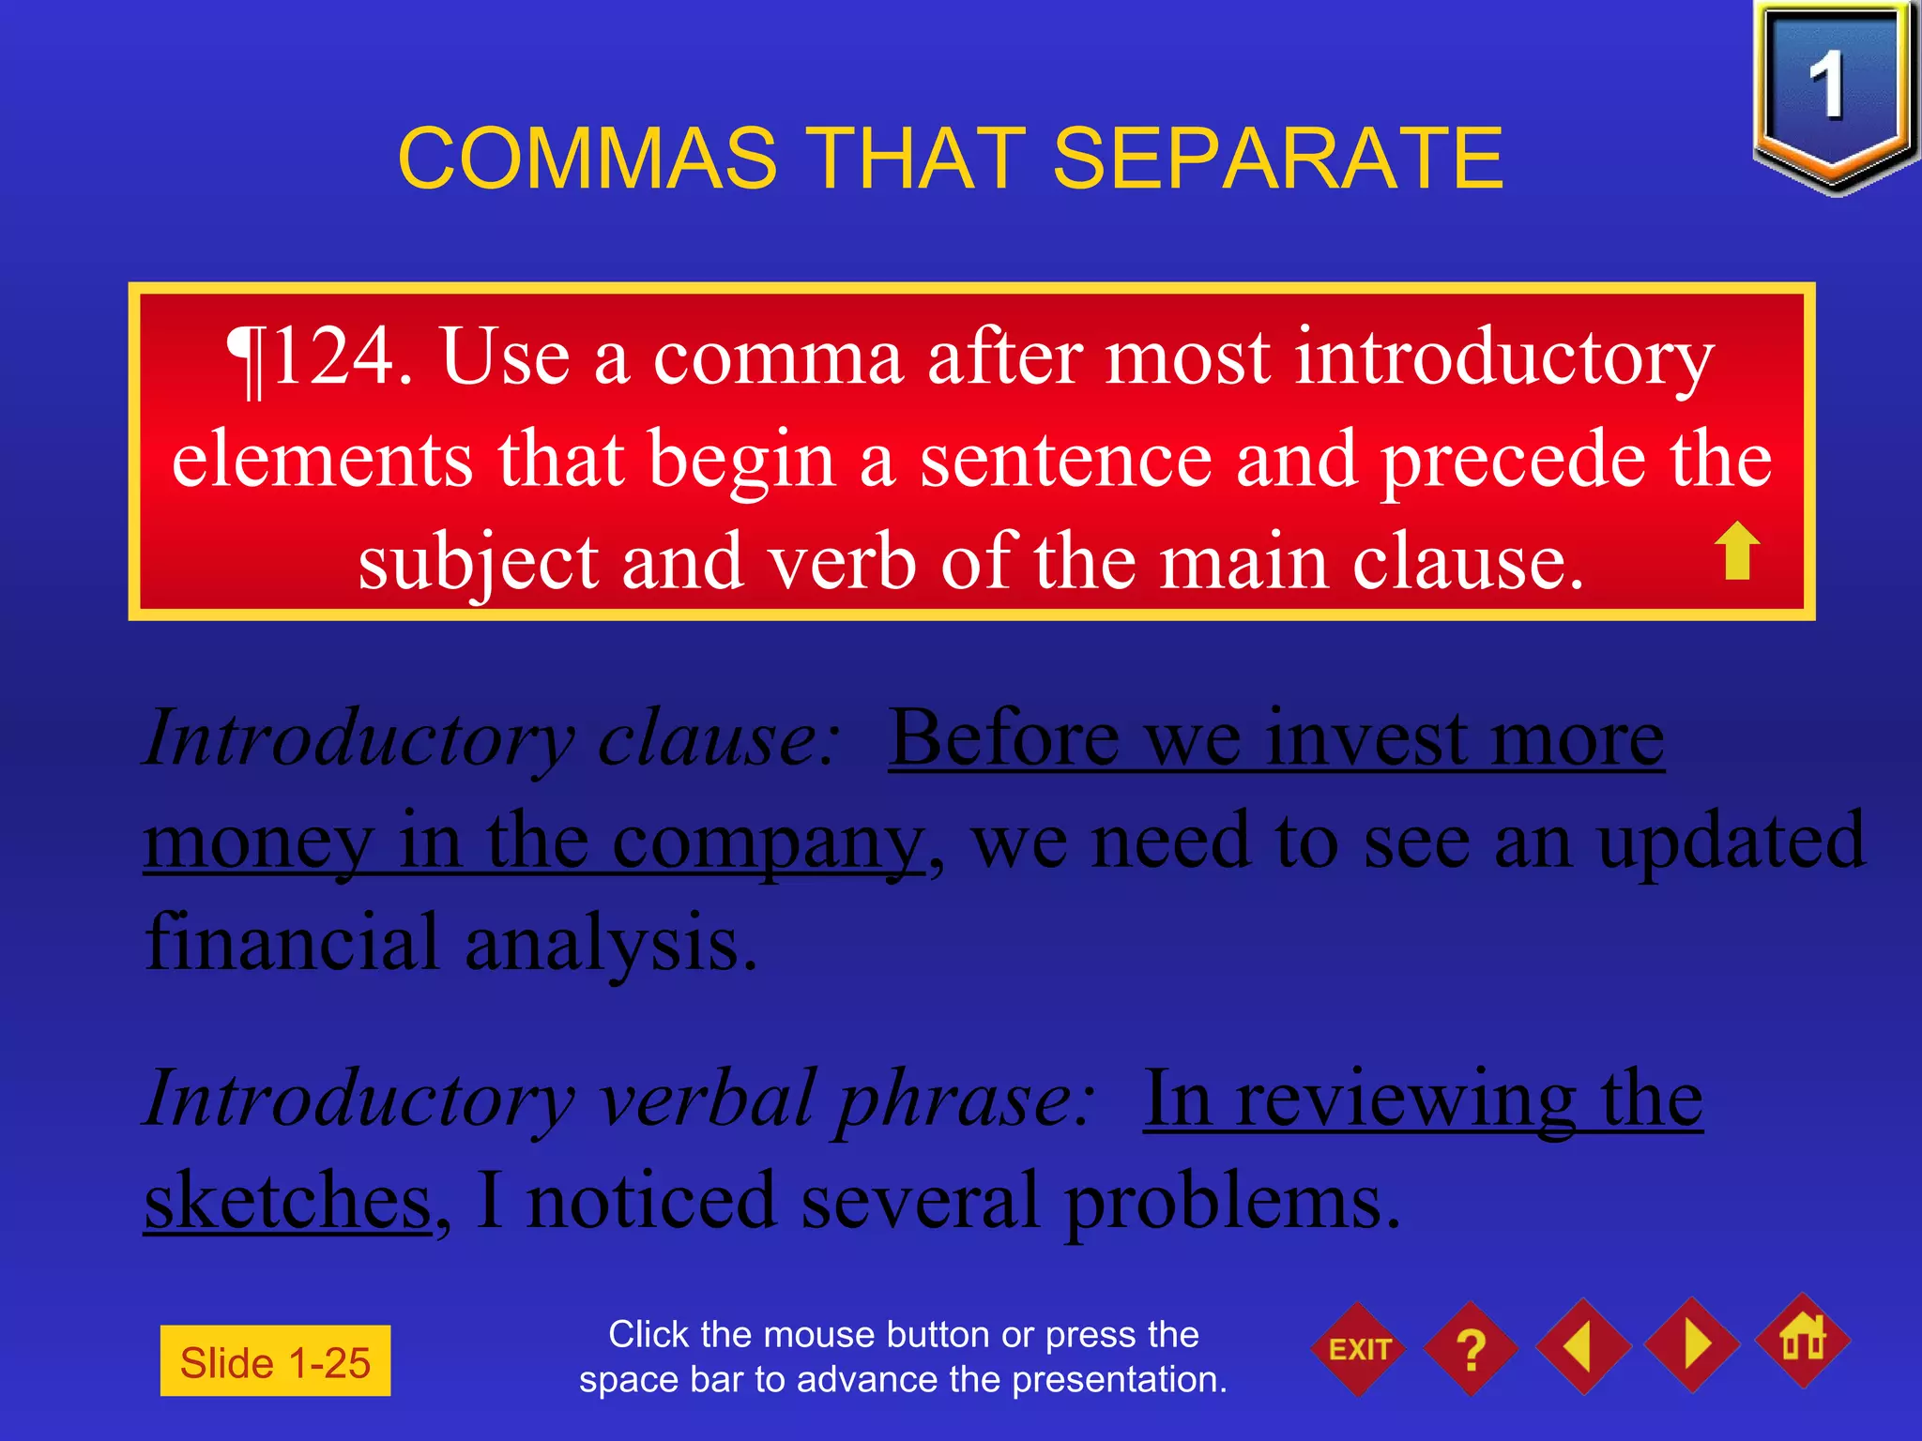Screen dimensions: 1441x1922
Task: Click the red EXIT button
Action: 1359,1349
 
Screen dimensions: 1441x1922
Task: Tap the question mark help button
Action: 1471,1349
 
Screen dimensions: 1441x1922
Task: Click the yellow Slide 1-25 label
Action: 275,1361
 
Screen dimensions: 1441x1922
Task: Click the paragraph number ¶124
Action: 319,358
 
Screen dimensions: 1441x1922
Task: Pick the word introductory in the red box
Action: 1503,358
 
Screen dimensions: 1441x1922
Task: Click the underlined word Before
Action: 1004,739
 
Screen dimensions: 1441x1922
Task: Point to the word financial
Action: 292,942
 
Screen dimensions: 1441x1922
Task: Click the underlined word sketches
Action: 287,1201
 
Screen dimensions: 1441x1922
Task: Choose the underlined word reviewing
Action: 1405,1100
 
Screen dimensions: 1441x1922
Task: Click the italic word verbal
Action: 708,1100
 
